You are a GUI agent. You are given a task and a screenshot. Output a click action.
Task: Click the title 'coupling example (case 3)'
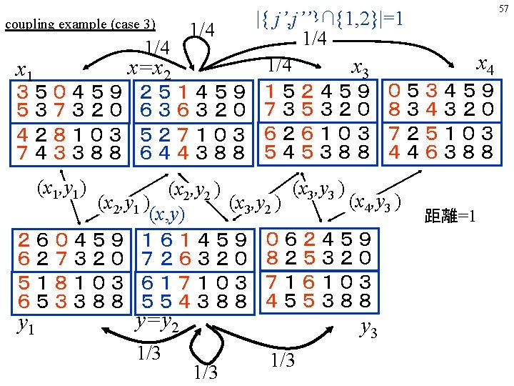[x=80, y=24]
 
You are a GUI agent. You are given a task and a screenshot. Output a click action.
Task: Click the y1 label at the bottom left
[x=26, y=326]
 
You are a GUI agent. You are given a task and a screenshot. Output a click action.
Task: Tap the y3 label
[x=368, y=329]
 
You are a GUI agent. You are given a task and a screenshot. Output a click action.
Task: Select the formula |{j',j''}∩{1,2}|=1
[x=329, y=16]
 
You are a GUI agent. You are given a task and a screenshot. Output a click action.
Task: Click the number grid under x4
[x=440, y=122]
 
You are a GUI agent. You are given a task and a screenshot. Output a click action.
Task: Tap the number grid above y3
[x=318, y=269]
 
